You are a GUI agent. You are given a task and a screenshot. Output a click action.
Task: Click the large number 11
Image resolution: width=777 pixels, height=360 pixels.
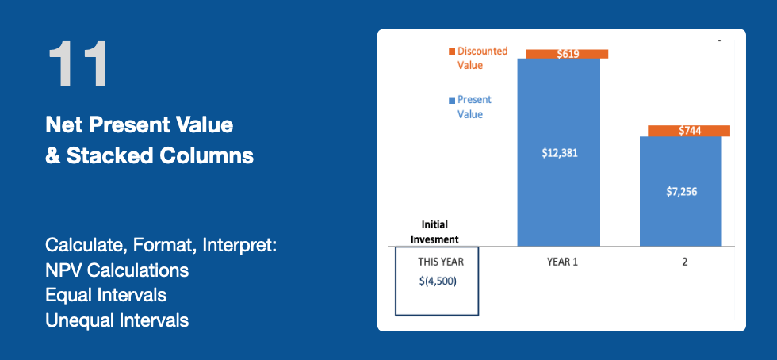[x=78, y=64]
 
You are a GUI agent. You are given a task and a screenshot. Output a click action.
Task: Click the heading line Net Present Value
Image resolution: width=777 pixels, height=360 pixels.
[x=140, y=125]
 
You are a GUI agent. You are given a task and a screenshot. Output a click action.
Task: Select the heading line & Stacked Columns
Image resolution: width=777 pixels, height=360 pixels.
[x=150, y=155]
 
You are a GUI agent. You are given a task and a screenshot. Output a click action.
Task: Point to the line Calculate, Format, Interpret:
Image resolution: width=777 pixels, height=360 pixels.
[x=160, y=246]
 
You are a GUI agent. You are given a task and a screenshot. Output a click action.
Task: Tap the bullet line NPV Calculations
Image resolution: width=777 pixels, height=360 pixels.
[x=117, y=270]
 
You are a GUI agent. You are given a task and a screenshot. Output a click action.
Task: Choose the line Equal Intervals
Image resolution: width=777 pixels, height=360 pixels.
[x=106, y=296]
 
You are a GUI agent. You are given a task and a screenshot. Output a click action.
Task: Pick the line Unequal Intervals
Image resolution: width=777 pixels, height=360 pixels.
[x=117, y=320]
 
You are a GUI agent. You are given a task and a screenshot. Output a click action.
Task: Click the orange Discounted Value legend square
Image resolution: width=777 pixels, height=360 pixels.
[x=451, y=51]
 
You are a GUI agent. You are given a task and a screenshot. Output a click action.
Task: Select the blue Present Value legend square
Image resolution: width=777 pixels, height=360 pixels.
[x=451, y=100]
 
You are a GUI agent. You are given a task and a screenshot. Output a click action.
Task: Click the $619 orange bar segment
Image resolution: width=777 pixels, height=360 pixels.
[x=567, y=54]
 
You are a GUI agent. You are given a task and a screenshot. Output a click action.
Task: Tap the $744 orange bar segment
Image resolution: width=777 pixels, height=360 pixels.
[x=689, y=131]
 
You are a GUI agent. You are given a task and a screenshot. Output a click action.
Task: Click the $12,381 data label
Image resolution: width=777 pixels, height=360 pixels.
[x=560, y=153]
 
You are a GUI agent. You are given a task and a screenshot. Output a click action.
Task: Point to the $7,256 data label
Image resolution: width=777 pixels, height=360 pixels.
[x=681, y=192]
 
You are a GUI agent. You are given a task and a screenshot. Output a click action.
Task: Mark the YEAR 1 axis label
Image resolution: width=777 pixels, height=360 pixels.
[x=562, y=262]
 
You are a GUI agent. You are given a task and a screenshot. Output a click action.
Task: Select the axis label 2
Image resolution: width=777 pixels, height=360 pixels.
[x=685, y=262]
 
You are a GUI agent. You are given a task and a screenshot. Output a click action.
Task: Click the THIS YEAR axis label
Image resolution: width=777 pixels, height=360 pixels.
[x=441, y=262]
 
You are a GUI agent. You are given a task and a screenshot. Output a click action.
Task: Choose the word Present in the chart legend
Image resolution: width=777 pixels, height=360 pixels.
[x=474, y=100]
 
